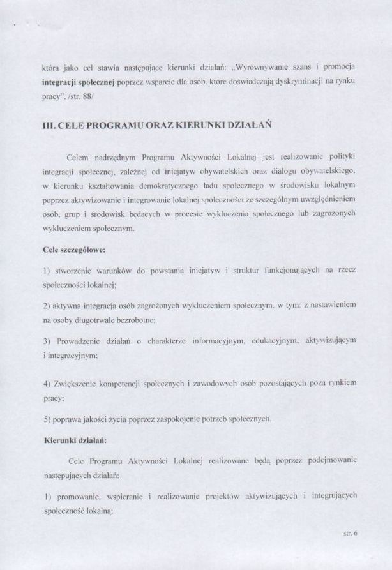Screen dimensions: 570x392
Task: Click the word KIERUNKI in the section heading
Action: (x=205, y=126)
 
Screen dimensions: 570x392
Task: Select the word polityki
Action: (x=341, y=157)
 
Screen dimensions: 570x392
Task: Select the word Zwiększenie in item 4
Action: (x=79, y=383)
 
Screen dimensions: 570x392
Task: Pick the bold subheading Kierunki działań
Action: (x=70, y=439)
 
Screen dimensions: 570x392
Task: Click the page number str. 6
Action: (x=349, y=530)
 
